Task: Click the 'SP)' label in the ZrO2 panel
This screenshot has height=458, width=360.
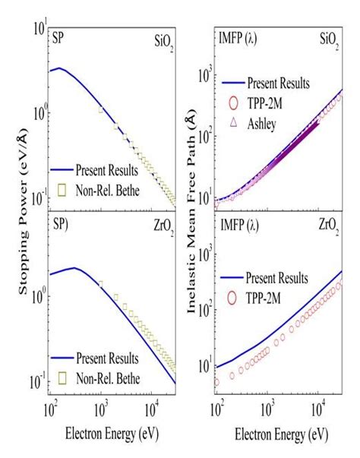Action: click(61, 225)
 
